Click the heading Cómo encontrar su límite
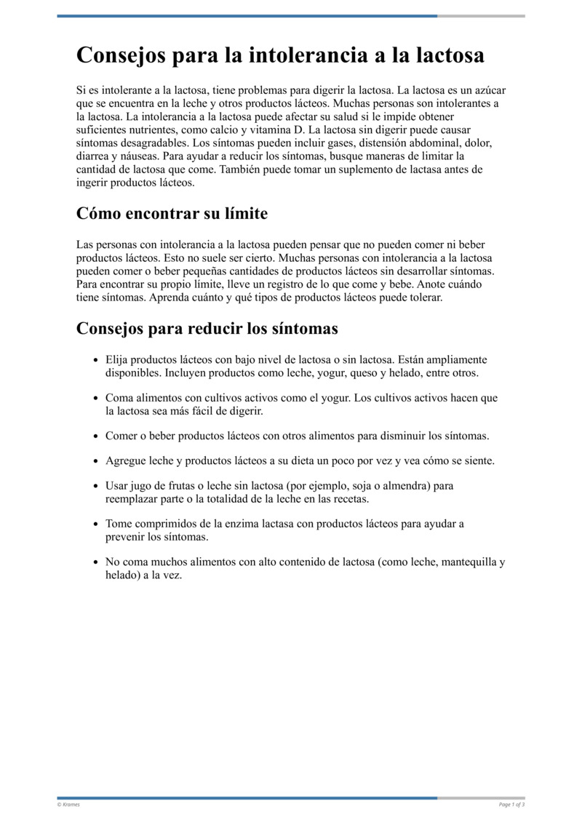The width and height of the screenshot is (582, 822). [x=172, y=214]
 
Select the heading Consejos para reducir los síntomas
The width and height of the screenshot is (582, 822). [x=207, y=329]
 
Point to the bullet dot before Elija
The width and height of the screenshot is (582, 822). [x=96, y=360]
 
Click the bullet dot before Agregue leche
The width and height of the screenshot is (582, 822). [x=96, y=461]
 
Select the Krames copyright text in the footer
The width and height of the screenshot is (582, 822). [x=69, y=804]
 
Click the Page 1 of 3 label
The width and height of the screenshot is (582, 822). [x=511, y=804]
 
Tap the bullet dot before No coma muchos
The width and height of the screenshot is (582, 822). [x=96, y=563]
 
